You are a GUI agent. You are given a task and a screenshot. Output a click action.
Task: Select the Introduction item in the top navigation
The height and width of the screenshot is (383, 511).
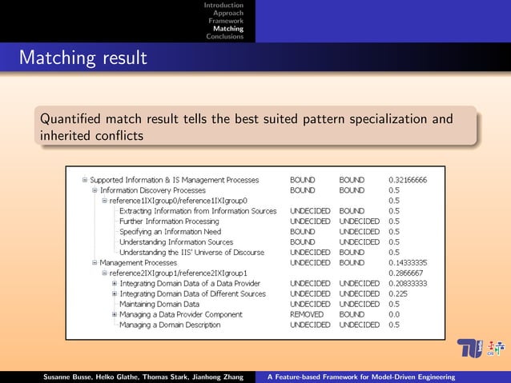click(x=223, y=6)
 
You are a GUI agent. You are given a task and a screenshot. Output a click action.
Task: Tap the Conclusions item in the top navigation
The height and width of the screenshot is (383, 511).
click(x=225, y=37)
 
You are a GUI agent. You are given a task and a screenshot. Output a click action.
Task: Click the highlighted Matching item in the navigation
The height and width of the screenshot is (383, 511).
click(x=228, y=29)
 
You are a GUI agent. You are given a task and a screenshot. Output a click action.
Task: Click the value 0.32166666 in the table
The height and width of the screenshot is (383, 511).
click(x=408, y=180)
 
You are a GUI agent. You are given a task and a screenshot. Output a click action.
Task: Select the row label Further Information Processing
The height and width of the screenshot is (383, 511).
click(x=168, y=221)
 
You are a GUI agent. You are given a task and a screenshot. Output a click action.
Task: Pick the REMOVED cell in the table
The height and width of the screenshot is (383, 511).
click(x=305, y=314)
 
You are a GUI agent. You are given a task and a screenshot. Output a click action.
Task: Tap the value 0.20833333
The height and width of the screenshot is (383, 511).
click(x=408, y=283)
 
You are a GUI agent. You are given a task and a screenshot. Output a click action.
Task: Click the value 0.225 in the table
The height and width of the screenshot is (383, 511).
click(x=397, y=293)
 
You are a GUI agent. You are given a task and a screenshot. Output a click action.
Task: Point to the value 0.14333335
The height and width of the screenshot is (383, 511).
click(x=408, y=262)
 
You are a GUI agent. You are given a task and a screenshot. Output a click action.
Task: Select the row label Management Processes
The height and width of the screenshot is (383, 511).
click(x=138, y=262)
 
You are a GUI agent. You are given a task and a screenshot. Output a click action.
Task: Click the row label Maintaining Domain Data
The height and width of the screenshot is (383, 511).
click(x=159, y=304)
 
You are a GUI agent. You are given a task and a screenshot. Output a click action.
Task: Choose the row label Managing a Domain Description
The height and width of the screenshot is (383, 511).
click(x=169, y=325)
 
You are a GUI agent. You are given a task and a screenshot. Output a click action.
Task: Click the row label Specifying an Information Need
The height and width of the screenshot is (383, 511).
click(x=171, y=231)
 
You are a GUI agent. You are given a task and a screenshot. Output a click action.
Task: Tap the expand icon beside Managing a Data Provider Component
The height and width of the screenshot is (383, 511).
click(x=114, y=314)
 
